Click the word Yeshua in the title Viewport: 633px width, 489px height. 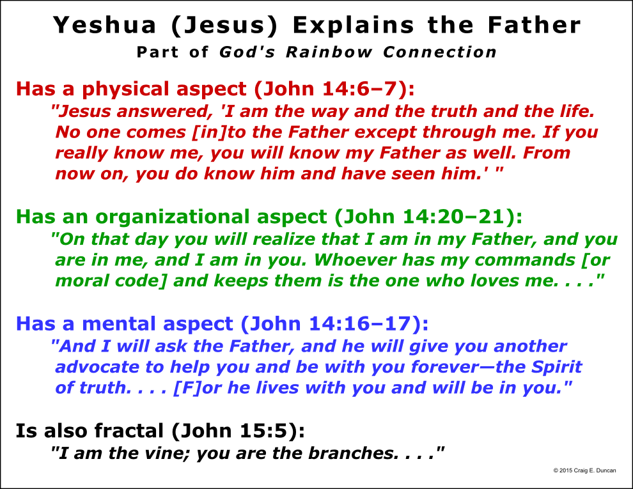pyautogui.click(x=105, y=25)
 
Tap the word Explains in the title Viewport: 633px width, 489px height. pyautogui.click(x=353, y=25)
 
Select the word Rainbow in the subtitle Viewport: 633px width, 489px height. pyautogui.click(x=329, y=52)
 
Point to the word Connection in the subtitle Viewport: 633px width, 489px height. pyautogui.click(x=440, y=52)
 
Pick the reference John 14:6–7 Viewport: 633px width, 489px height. pyautogui.click(x=330, y=89)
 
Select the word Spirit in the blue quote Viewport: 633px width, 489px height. pyautogui.click(x=556, y=368)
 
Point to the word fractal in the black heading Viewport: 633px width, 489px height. pyautogui.click(x=129, y=430)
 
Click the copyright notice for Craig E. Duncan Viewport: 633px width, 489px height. pyautogui.click(x=584, y=470)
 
